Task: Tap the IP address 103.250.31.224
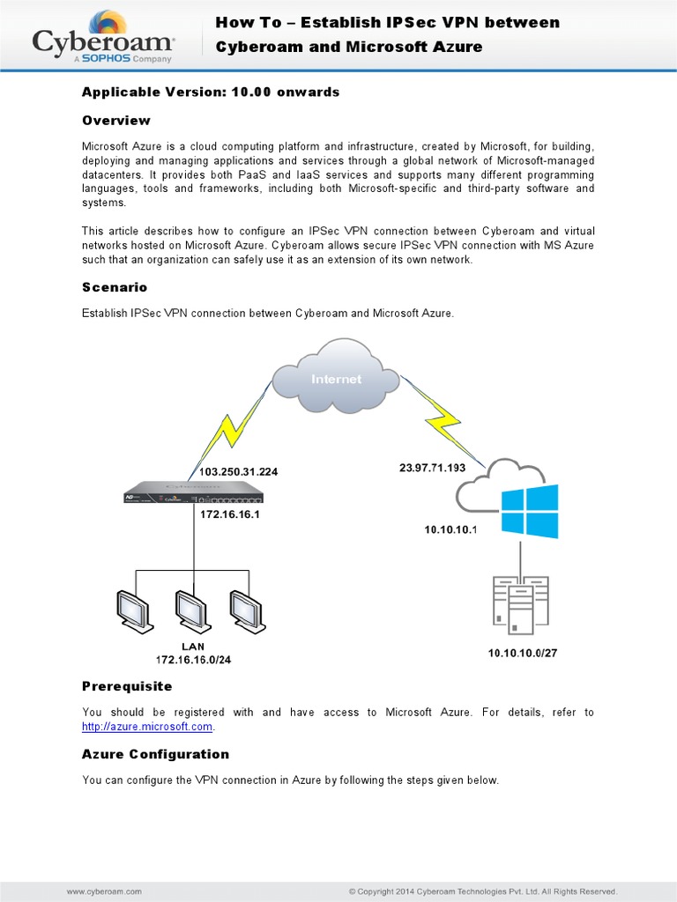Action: (238, 472)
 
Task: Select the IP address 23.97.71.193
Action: (432, 468)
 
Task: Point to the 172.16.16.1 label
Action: (230, 514)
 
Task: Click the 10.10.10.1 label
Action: (450, 529)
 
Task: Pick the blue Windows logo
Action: (530, 510)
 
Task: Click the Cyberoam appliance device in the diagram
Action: (194, 493)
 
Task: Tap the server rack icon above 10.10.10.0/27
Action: (520, 605)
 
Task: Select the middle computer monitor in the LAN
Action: (192, 610)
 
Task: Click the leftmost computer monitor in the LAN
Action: (135, 610)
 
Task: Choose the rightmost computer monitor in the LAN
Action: (247, 610)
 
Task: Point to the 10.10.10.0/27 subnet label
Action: (523, 653)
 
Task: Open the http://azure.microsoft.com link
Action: (147, 727)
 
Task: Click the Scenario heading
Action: (115, 288)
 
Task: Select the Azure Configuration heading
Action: (155, 754)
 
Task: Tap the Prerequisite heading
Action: (127, 686)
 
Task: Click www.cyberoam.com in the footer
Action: (104, 891)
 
